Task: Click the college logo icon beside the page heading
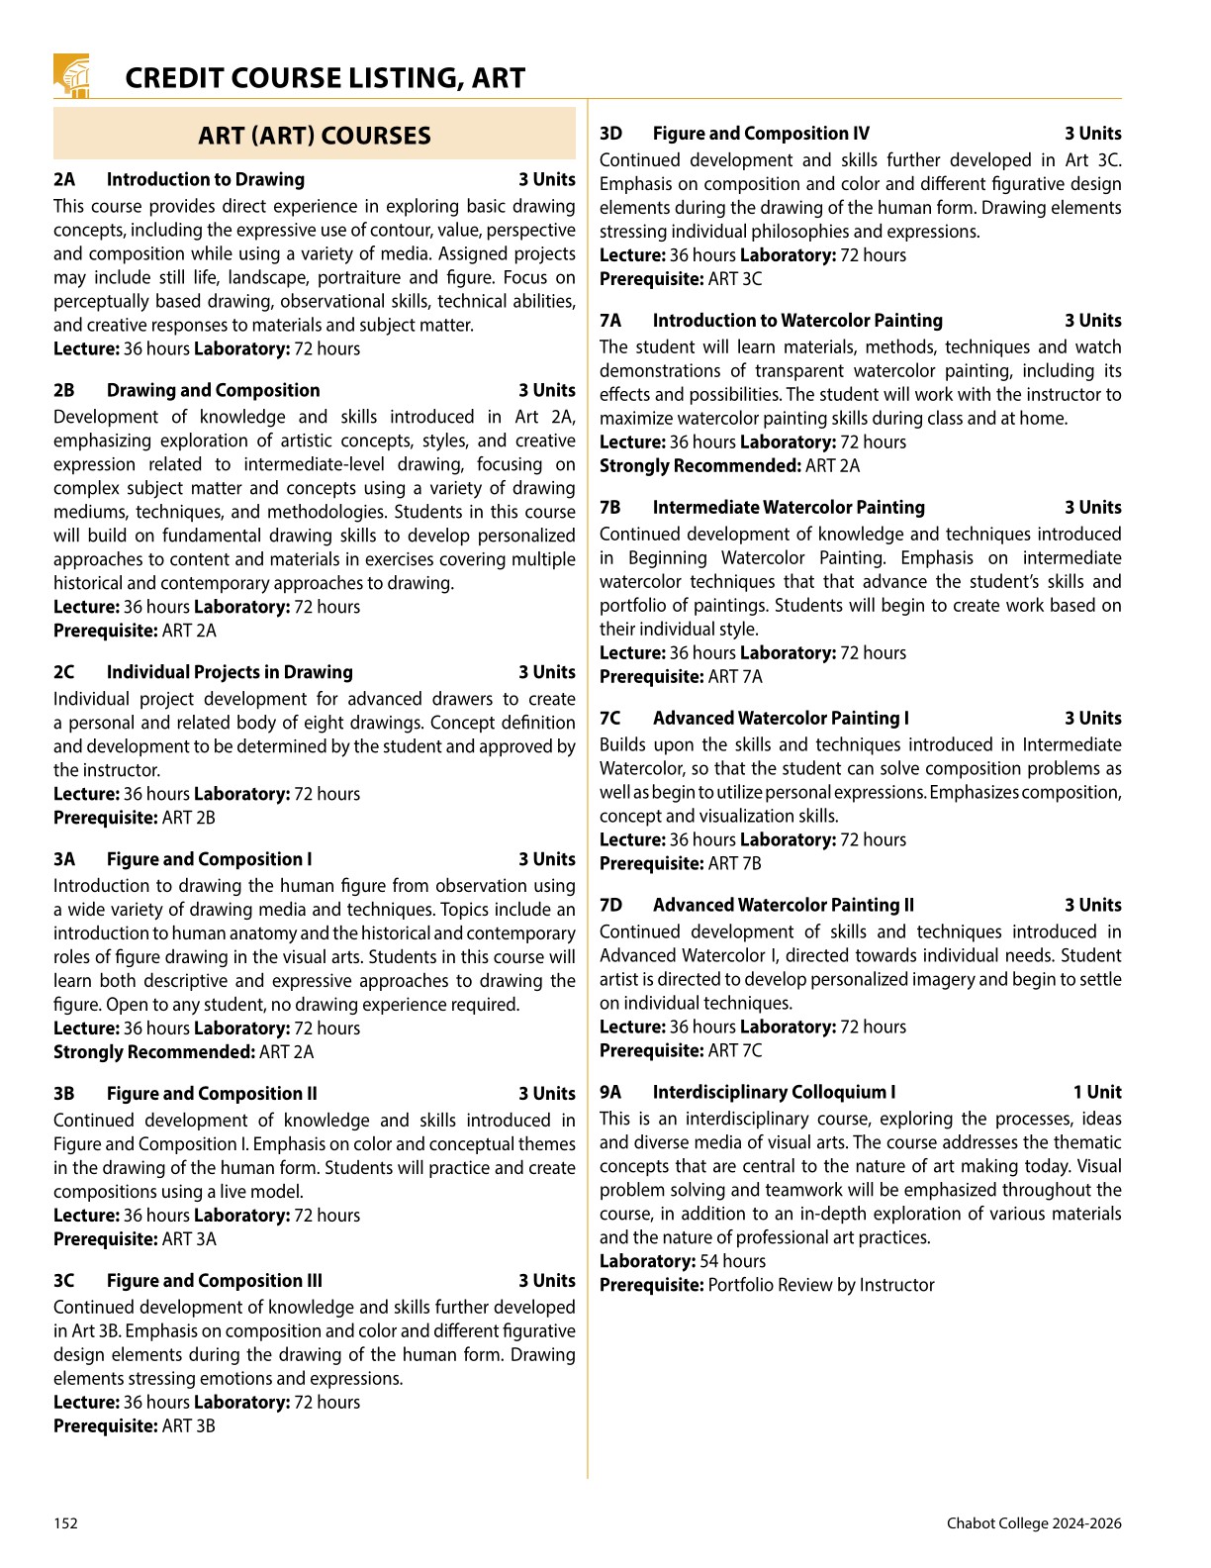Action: (71, 75)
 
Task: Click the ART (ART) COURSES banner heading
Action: (315, 136)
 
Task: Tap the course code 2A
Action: (64, 179)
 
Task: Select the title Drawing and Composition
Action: (213, 390)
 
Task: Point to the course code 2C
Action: (64, 672)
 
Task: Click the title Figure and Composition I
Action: (209, 859)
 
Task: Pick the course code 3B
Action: (64, 1094)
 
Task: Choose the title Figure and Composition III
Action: (214, 1281)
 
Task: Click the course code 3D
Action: (610, 134)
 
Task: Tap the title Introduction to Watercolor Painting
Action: (797, 321)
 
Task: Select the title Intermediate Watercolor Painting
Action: (789, 508)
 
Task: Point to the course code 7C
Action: (610, 719)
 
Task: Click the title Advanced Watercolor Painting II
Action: (783, 906)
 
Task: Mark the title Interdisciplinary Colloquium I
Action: (774, 1093)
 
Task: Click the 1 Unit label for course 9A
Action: (1097, 1093)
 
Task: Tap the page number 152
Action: (65, 1523)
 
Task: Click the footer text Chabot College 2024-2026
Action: (1034, 1523)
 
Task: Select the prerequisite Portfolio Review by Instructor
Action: (821, 1285)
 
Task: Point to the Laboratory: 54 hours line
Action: (683, 1261)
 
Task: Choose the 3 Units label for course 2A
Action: (547, 179)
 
